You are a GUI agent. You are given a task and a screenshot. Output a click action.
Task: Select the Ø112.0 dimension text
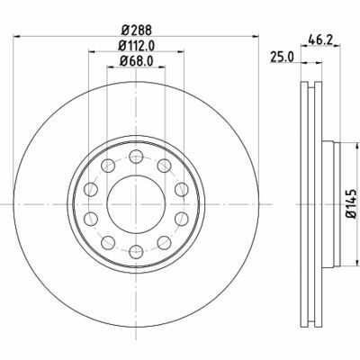click(137, 46)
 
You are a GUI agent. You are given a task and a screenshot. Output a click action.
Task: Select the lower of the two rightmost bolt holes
click(180, 221)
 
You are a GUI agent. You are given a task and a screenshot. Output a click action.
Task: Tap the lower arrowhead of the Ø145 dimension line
click(337, 267)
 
